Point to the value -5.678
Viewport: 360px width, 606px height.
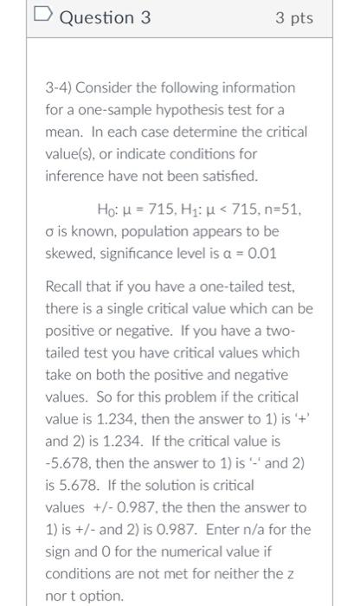click(x=70, y=464)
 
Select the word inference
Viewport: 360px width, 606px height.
click(x=75, y=177)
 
